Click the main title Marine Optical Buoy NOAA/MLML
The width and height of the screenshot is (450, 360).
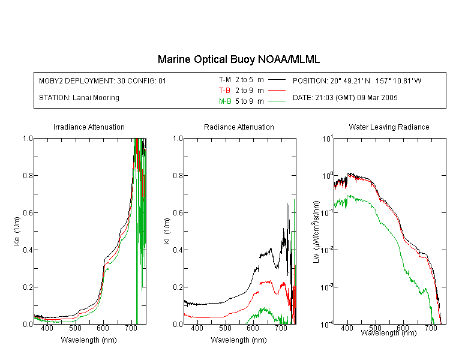238,59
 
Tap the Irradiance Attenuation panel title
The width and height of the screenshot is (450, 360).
89,127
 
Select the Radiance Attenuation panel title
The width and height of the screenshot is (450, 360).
239,127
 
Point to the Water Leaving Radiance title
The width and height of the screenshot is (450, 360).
389,127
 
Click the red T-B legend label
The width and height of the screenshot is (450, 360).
224,91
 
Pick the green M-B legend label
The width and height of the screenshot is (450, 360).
225,101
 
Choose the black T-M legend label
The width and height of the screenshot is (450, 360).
225,80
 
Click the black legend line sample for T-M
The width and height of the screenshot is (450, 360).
277,80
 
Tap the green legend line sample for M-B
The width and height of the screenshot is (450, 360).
277,101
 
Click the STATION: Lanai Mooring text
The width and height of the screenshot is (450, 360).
79,98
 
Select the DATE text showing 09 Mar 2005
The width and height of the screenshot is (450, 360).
345,98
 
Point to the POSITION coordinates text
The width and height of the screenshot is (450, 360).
357,80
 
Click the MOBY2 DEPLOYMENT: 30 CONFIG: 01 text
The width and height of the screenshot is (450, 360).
103,80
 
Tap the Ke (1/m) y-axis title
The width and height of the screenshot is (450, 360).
17,231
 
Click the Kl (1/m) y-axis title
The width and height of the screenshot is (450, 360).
167,231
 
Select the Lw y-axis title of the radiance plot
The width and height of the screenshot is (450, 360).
316,232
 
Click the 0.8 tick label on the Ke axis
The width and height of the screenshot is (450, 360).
28,175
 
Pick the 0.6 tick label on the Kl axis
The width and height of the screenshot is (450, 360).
178,213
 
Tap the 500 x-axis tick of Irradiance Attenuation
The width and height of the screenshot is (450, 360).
75,328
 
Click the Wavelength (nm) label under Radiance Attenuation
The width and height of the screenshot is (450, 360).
239,340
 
